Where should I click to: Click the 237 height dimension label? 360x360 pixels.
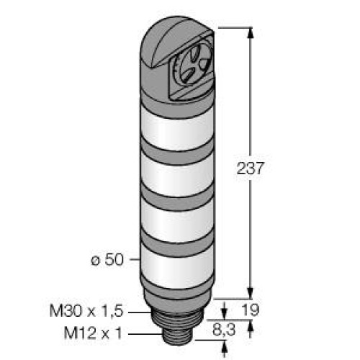point(251,168)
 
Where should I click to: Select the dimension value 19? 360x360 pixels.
point(251,310)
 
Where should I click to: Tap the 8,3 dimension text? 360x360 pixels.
point(224,330)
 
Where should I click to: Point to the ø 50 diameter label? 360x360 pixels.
point(107,259)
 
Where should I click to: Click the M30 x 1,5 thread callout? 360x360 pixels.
point(86,310)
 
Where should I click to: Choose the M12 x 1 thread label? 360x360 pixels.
point(93,333)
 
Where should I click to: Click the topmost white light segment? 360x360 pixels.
point(177,131)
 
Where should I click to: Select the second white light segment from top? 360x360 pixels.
point(177,176)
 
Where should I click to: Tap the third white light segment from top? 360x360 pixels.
point(177,222)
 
